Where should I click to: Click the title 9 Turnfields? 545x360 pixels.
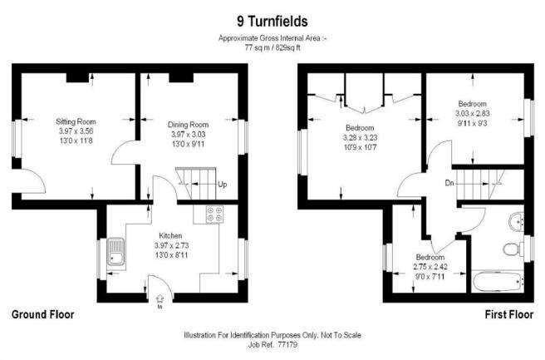point(272,22)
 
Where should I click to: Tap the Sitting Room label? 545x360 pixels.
point(76,121)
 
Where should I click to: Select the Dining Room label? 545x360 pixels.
point(188,125)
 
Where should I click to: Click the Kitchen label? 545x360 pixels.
point(170,235)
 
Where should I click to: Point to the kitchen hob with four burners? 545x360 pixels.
point(215,215)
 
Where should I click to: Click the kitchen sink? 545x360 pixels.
point(115,251)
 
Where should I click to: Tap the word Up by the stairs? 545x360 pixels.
point(223,184)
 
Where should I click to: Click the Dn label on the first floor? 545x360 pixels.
point(449,183)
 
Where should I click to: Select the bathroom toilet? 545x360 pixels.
point(513,249)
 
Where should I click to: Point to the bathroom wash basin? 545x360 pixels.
point(517,221)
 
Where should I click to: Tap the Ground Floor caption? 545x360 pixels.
point(42,314)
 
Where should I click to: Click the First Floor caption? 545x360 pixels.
point(508,314)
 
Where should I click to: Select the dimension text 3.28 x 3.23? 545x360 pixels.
point(360,138)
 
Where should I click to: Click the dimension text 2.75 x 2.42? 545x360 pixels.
point(430,267)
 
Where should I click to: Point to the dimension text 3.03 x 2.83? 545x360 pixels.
point(473,113)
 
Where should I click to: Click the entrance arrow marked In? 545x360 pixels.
point(160,300)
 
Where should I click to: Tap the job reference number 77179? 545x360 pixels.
point(287,345)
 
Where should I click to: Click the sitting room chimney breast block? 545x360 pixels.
point(77,77)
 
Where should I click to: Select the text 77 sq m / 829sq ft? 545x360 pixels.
point(272,48)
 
